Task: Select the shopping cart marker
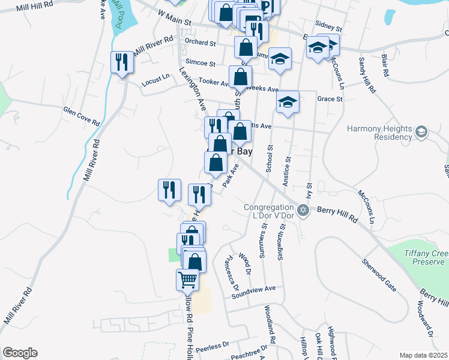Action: coord(187,279)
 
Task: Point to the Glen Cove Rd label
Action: coord(82,115)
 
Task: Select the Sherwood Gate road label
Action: coord(379,275)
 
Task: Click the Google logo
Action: coord(19,353)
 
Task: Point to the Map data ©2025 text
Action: coord(423,355)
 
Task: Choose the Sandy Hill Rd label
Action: coord(367,76)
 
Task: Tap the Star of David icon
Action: coord(303,210)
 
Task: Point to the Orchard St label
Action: coord(200,43)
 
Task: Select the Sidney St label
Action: coord(328,28)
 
